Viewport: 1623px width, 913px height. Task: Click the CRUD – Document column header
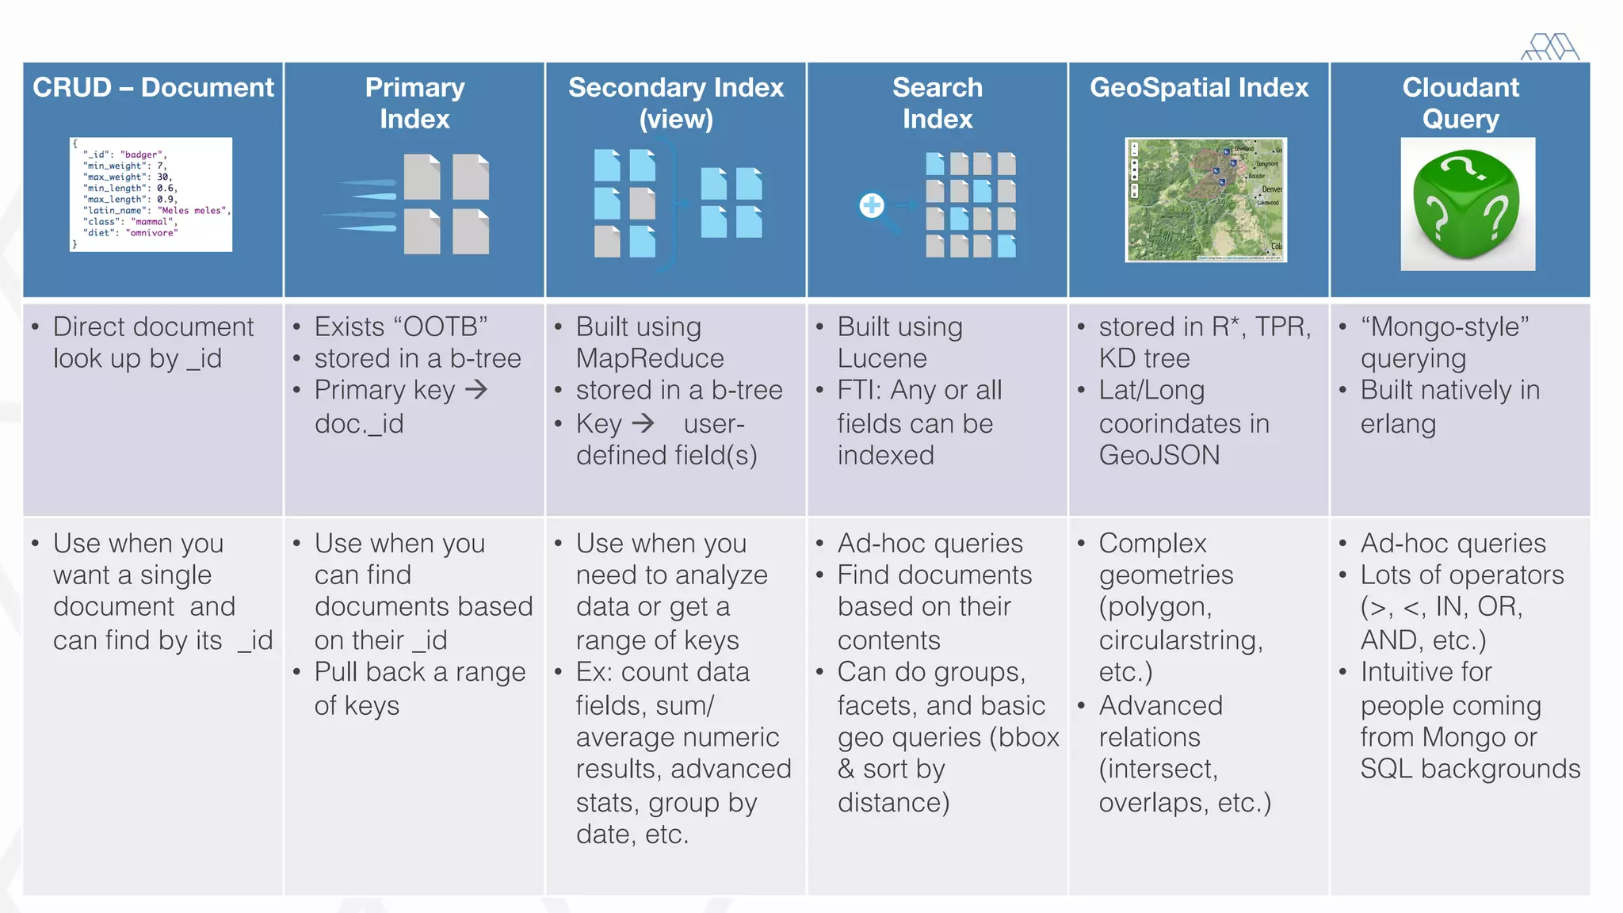153,87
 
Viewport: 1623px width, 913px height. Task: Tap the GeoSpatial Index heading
1198,87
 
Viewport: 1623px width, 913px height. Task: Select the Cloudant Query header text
1460,103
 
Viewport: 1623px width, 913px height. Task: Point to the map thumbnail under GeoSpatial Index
1205,200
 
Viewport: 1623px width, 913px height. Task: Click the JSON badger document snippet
151,194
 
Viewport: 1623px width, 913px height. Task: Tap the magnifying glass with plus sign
873,207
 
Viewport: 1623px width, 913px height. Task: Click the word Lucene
881,359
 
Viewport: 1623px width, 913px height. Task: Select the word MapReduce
649,359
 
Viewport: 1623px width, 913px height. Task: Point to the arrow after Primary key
476,389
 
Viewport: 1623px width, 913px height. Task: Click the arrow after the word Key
643,423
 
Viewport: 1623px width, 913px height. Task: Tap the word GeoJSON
1159,456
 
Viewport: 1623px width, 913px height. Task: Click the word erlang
1397,424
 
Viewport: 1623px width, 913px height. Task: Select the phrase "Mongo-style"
1444,327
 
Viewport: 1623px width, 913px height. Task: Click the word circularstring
1179,640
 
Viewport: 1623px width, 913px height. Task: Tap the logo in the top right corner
1550,48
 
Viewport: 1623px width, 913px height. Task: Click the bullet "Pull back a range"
419,672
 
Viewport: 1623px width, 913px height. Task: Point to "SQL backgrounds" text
1470,769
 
